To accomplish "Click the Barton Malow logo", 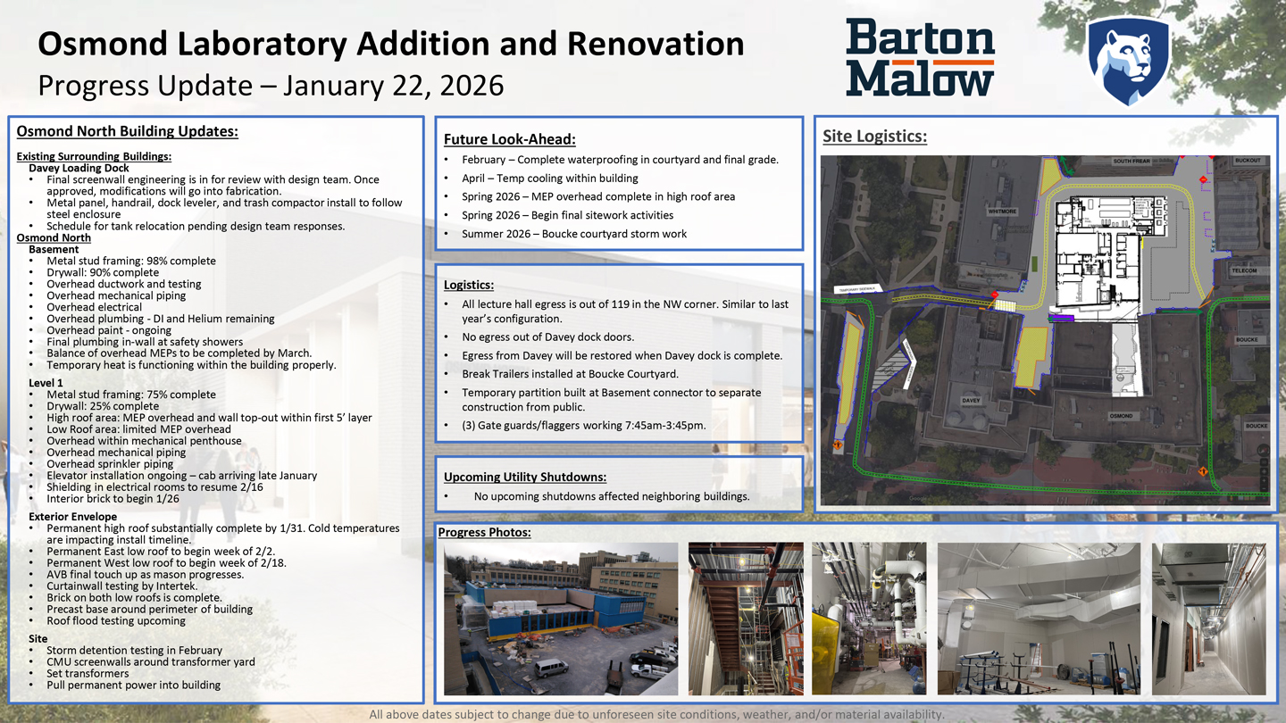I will [x=920, y=57].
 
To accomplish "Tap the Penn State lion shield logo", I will [x=1128, y=60].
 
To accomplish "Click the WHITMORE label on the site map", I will [x=1002, y=212].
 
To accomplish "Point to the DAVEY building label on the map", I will [x=971, y=401].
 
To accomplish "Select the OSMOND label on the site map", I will [x=1121, y=416].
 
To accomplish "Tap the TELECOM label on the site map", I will [x=1244, y=270].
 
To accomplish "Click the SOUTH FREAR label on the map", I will [x=1132, y=162].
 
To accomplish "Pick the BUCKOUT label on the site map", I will [x=1247, y=162].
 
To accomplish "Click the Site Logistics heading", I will [x=874, y=137].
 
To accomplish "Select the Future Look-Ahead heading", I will [x=509, y=139].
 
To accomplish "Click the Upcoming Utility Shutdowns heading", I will [x=524, y=477].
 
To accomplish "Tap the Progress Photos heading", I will [x=484, y=533].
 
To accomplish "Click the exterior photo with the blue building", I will [x=560, y=619].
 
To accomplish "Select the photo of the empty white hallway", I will [x=1208, y=619].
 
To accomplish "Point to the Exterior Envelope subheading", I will [x=72, y=517].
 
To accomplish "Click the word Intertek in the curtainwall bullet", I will [x=175, y=586].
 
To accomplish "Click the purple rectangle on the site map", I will [x=1061, y=316].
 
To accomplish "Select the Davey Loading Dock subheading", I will [x=79, y=168].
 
